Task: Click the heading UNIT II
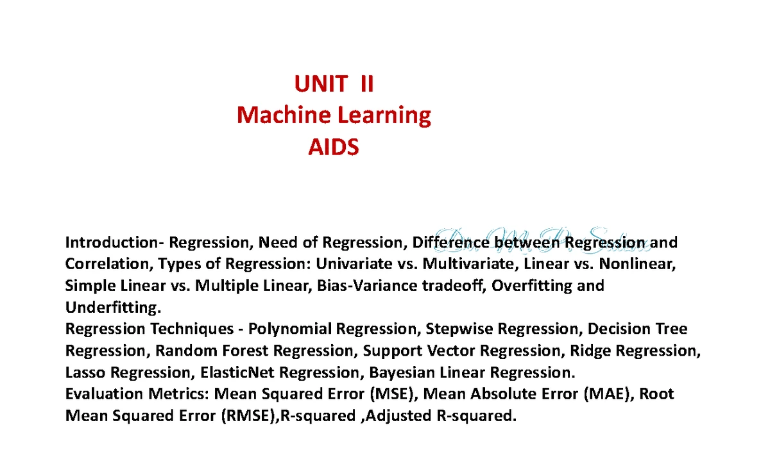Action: click(x=334, y=84)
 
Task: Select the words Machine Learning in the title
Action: click(x=334, y=115)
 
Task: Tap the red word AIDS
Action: click(x=334, y=148)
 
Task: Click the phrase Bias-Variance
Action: click(x=357, y=286)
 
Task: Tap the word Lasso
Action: click(x=85, y=373)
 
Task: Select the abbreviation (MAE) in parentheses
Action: click(x=606, y=394)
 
